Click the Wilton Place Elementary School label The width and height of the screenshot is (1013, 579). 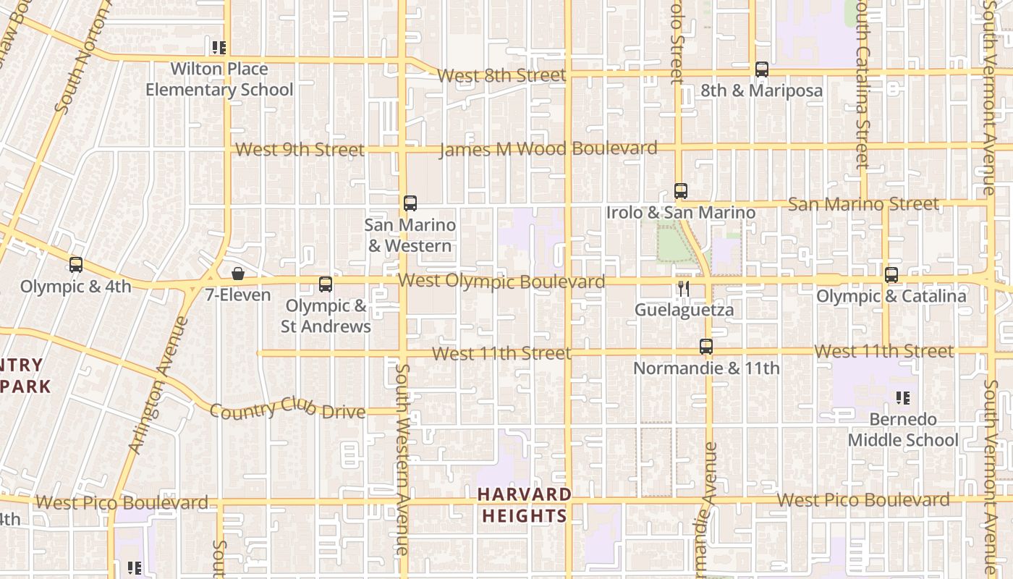click(219, 80)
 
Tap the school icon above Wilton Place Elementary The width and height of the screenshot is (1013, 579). click(219, 48)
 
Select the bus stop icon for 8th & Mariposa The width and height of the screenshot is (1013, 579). click(761, 69)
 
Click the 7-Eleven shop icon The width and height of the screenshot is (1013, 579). click(237, 274)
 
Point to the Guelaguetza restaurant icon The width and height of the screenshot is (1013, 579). click(683, 289)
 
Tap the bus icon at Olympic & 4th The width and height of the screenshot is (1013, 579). click(76, 265)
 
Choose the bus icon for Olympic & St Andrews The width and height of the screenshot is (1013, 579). click(326, 284)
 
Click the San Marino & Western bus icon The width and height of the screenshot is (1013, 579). click(410, 203)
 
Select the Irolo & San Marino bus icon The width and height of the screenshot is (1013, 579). click(680, 191)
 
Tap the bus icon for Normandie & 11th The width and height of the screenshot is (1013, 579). click(706, 347)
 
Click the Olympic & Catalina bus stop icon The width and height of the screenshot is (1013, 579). click(891, 275)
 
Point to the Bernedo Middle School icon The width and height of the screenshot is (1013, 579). click(902, 397)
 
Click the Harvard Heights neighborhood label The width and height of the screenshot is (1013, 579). click(524, 505)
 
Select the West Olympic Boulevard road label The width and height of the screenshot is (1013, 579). click(501, 281)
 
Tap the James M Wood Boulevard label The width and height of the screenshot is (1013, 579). click(548, 149)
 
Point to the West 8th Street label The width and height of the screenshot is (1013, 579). click(501, 75)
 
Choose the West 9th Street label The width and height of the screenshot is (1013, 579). click(300, 150)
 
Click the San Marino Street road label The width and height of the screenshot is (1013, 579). click(862, 204)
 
